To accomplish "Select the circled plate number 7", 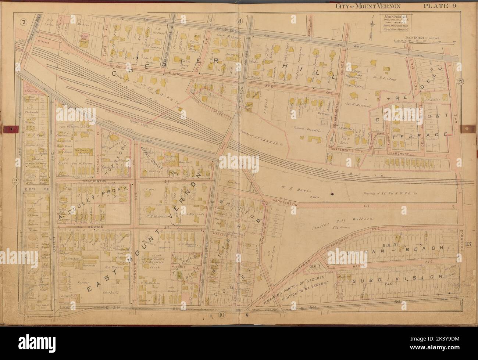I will (x=24, y=22).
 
